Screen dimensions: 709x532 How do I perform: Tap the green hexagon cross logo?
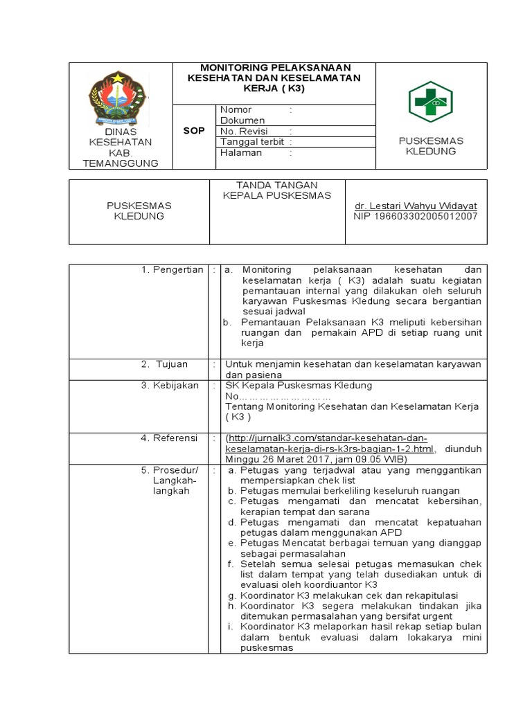pos(429,102)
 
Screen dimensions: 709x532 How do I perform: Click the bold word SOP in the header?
pos(194,131)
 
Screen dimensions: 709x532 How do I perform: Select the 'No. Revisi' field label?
pos(243,131)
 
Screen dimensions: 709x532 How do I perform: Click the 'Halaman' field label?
pos(241,153)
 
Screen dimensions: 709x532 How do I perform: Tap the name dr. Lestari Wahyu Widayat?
pos(416,206)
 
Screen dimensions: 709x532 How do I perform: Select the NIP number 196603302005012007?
pos(416,217)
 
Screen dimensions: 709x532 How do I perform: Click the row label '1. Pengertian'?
pos(172,269)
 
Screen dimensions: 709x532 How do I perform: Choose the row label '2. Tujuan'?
pos(165,364)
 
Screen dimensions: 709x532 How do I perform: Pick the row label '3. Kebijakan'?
pos(170,385)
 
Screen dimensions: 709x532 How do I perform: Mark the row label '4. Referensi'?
pos(170,438)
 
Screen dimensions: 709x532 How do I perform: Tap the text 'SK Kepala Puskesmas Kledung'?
pos(299,385)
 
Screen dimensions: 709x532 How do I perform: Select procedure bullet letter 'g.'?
pos(231,595)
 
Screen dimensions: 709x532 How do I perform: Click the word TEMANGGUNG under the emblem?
pos(121,163)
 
